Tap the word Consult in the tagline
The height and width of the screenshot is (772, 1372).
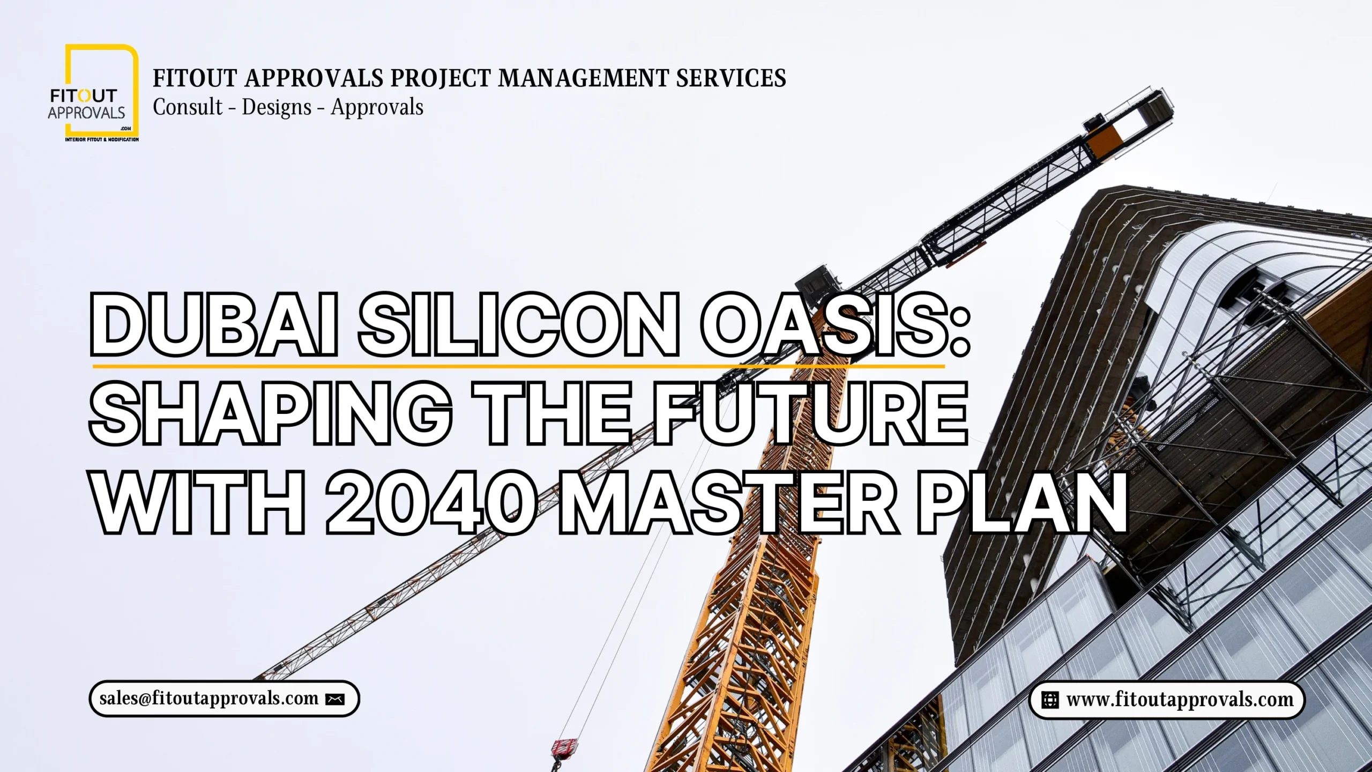188,107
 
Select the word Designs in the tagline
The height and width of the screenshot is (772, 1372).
277,107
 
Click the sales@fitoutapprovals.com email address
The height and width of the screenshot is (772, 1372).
209,699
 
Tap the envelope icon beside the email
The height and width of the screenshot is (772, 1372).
335,699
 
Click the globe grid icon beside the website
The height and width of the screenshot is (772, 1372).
1049,700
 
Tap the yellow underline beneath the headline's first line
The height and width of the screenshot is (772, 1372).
518,367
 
